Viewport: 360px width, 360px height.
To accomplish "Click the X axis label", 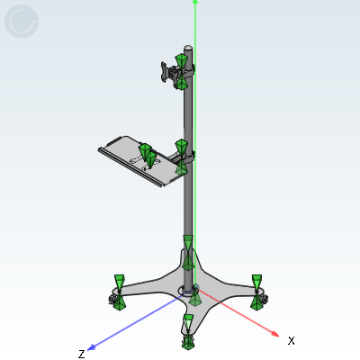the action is click(291, 341).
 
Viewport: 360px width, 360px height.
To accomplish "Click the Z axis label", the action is click(82, 354).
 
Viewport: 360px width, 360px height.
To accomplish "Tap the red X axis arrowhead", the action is click(274, 334).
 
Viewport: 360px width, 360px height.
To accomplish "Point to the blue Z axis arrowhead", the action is click(91, 348).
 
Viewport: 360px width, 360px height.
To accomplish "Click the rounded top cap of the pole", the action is click(188, 48).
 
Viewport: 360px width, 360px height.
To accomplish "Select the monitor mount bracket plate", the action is click(165, 72).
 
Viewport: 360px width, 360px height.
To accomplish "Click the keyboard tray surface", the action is click(135, 159).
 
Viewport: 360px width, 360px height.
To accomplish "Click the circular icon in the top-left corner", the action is click(22, 21).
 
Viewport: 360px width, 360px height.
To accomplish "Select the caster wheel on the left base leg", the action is click(112, 300).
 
